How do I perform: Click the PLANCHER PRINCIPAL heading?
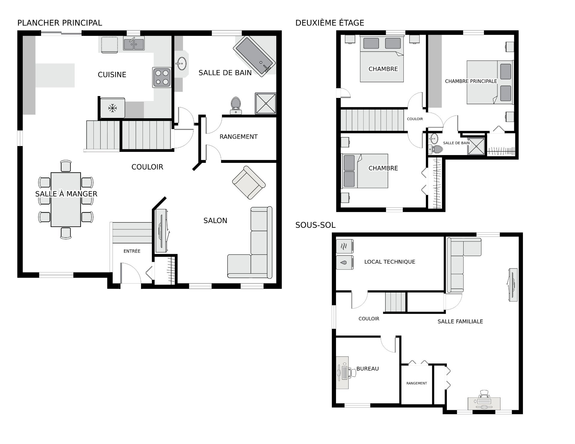tap(60, 23)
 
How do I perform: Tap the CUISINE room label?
tap(112, 75)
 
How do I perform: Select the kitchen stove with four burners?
tap(162, 78)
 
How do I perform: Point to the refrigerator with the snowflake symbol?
tap(113, 108)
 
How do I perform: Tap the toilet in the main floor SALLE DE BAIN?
tap(236, 106)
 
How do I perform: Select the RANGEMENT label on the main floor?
tap(238, 137)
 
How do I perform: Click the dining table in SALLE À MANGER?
tap(66, 199)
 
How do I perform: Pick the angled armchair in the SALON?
tap(249, 183)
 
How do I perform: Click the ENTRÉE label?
tap(132, 251)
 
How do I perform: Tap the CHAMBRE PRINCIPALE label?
tap(471, 81)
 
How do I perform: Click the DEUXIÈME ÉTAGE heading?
tap(330, 23)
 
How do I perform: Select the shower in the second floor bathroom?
tap(476, 146)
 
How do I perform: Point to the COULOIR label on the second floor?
tap(415, 119)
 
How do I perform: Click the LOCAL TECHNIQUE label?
tap(390, 262)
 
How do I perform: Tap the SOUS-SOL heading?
tap(315, 225)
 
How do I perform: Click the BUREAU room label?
tap(367, 369)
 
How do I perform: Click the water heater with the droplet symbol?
tap(344, 263)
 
